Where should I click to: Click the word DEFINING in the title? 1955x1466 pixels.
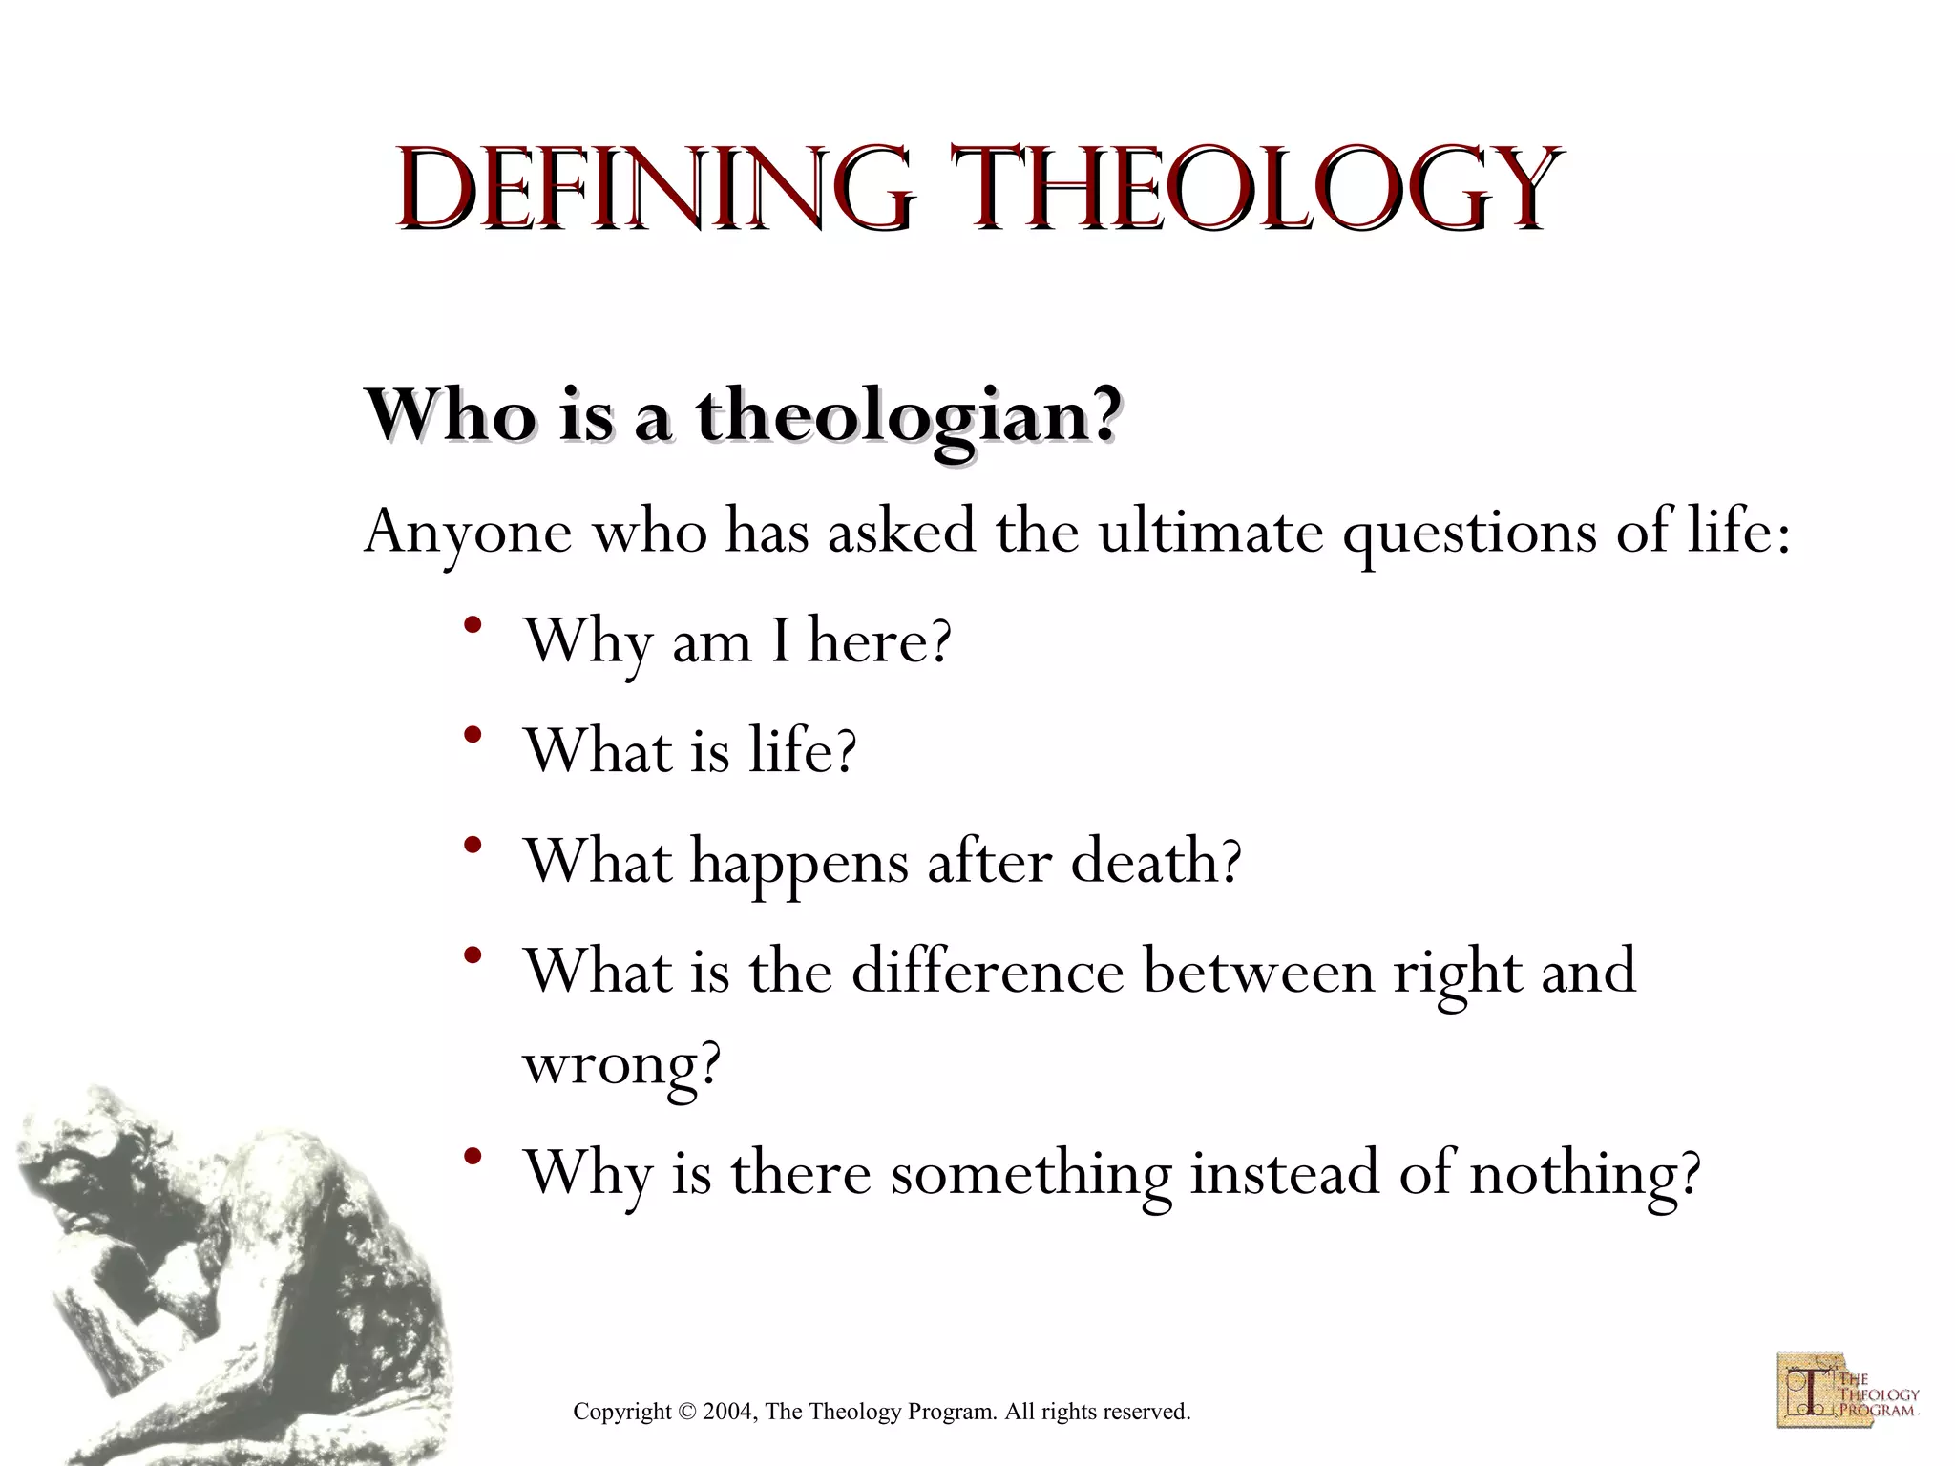654,189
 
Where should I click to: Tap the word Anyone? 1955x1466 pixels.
468,533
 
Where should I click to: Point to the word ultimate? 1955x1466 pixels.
1210,531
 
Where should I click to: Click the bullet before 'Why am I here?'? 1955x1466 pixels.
472,627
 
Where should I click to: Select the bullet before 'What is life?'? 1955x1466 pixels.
472,737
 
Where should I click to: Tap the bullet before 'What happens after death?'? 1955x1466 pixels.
472,847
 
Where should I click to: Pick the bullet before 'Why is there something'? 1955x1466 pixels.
472,1159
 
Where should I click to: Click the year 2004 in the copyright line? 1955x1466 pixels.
728,1412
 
